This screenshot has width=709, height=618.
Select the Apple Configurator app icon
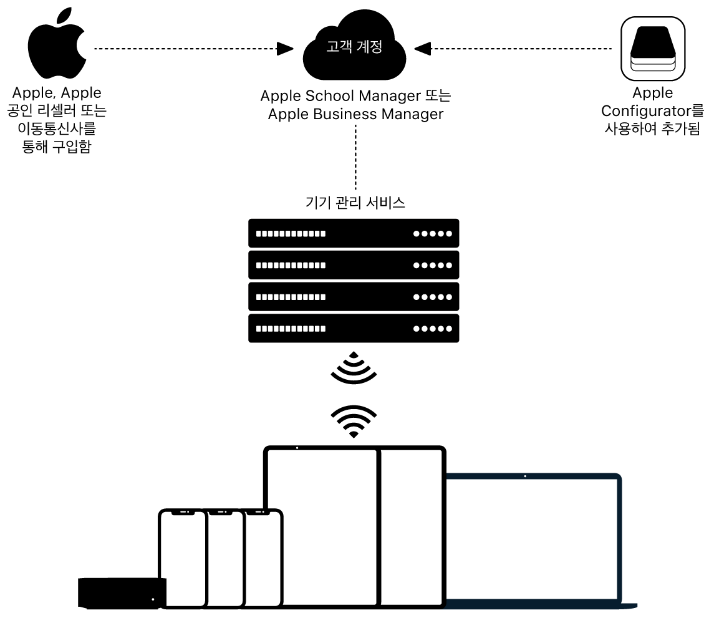(x=653, y=49)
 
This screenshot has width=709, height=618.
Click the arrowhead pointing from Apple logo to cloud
(x=285, y=48)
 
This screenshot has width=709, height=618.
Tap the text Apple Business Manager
(x=355, y=114)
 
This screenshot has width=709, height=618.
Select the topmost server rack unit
(x=354, y=233)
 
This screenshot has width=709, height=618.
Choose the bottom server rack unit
(x=354, y=328)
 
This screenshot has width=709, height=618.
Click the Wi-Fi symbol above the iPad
(x=354, y=421)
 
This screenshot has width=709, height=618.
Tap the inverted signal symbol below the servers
(x=354, y=367)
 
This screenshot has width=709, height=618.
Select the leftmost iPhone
(x=182, y=558)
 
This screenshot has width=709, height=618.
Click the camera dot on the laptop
(x=525, y=476)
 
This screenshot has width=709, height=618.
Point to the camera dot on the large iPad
(x=297, y=448)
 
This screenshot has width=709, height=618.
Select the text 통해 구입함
(x=56, y=148)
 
